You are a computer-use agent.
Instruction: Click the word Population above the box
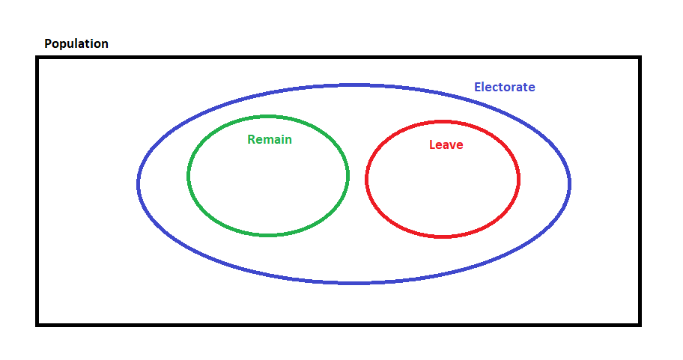click(x=76, y=44)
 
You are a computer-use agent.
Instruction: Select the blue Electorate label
click(x=505, y=87)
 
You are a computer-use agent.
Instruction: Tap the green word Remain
click(x=270, y=139)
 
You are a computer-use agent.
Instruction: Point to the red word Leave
click(x=446, y=144)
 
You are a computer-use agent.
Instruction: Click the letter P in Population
click(x=48, y=44)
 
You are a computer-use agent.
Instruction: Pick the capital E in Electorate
click(x=478, y=87)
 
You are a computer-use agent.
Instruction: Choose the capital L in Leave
click(x=432, y=144)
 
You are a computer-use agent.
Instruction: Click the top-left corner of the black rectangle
click(x=37, y=58)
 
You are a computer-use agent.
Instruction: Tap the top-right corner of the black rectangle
click(x=640, y=58)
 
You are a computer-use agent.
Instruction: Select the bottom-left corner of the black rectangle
click(x=37, y=324)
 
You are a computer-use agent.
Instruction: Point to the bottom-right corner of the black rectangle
click(x=640, y=324)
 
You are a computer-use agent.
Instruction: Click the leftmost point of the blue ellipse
click(x=139, y=183)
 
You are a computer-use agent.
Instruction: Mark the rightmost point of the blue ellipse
click(x=569, y=183)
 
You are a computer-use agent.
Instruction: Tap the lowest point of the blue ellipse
click(x=353, y=283)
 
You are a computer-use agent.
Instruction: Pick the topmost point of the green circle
click(x=268, y=117)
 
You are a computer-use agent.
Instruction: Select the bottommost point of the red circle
click(x=443, y=237)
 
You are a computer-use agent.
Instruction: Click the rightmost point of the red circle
click(x=518, y=179)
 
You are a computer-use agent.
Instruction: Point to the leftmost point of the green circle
click(x=189, y=176)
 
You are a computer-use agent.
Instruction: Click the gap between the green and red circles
click(x=357, y=177)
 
